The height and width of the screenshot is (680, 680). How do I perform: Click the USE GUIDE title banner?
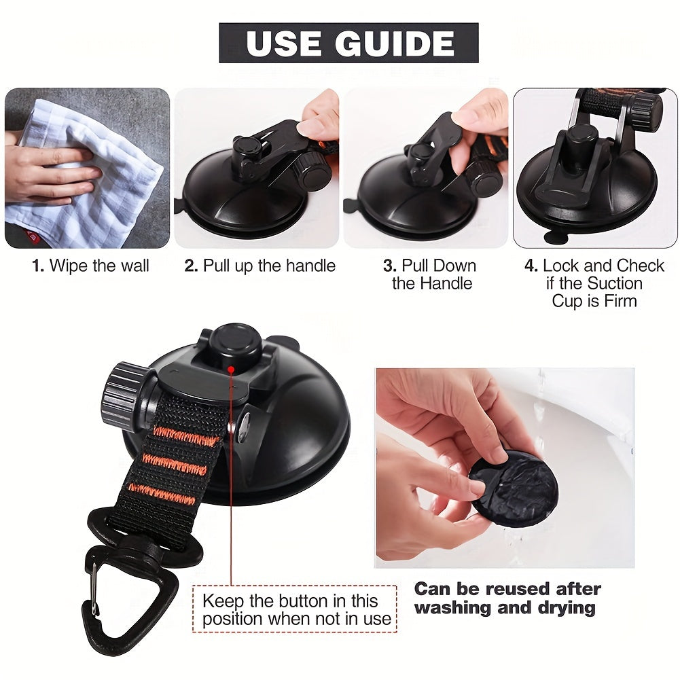pos(348,43)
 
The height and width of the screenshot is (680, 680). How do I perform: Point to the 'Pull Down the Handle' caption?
pos(431,274)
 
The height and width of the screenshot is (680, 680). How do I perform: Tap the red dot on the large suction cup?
pos(231,370)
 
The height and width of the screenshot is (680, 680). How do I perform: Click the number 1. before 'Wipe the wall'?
pos(38,266)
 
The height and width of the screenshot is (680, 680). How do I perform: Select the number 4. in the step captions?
pos(531,266)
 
